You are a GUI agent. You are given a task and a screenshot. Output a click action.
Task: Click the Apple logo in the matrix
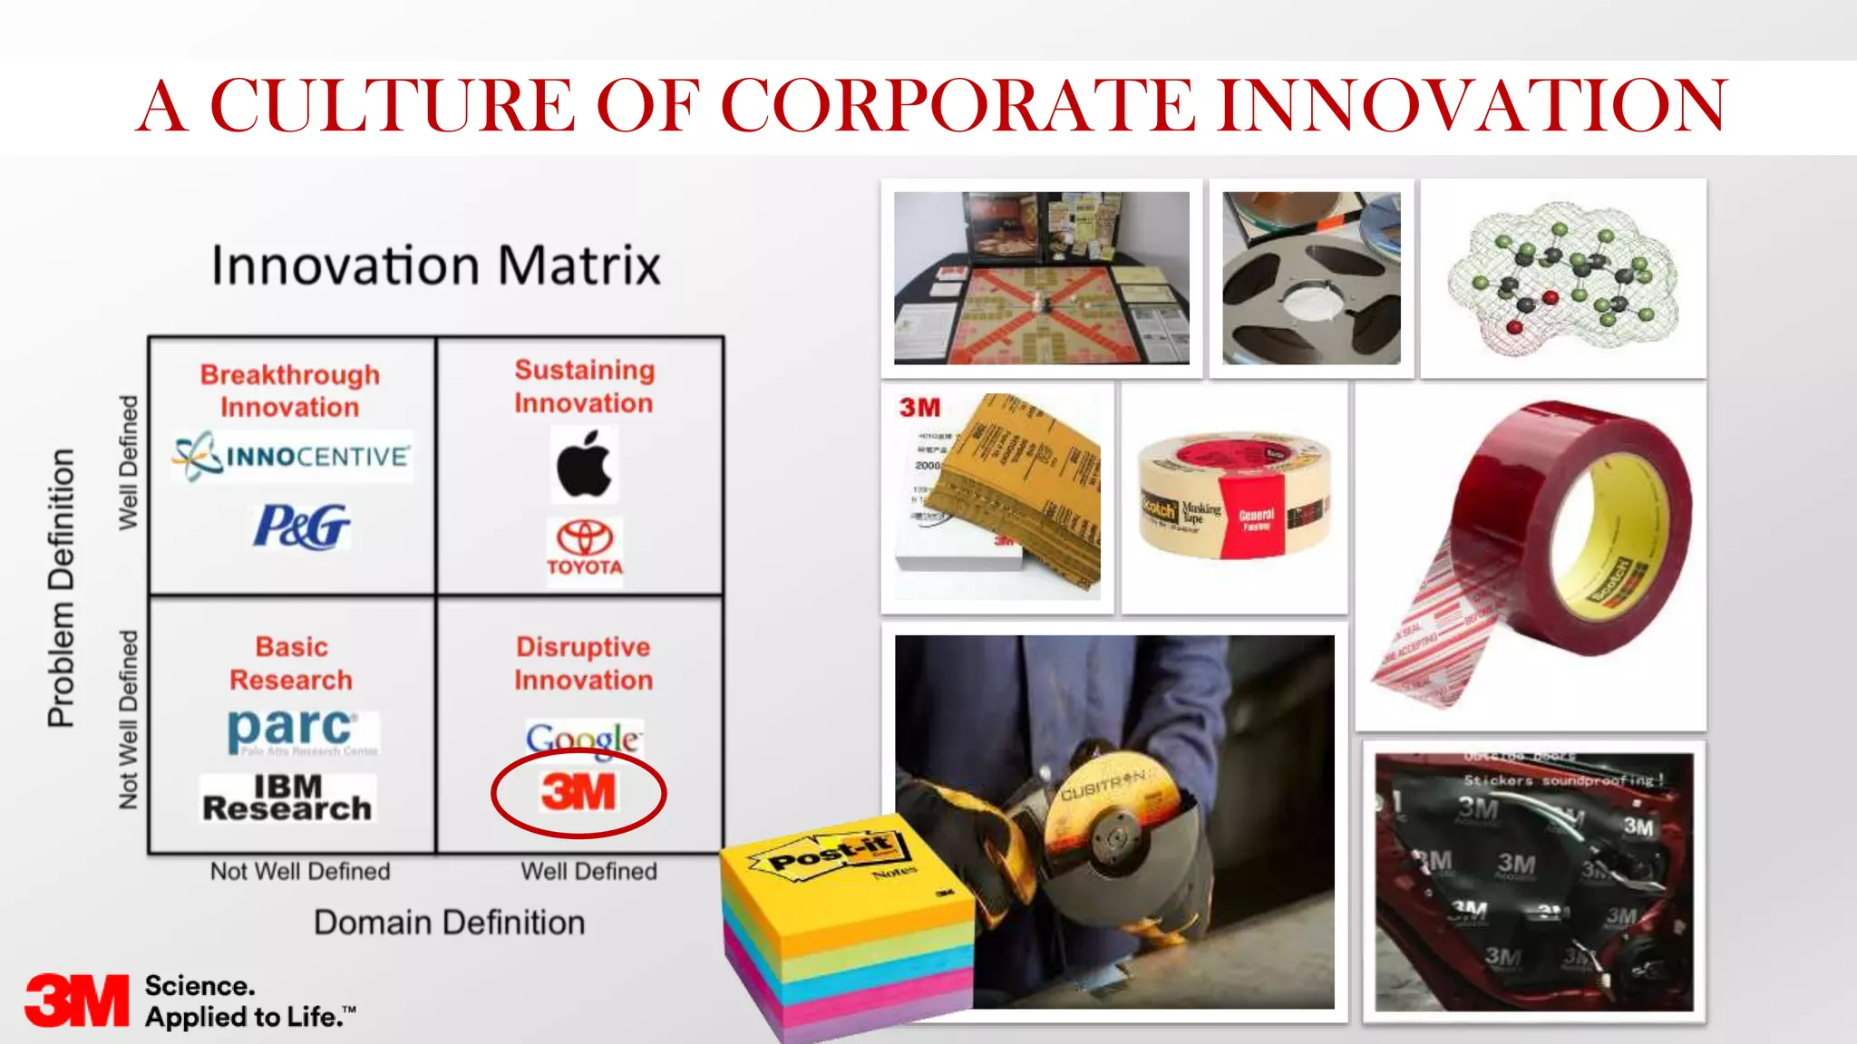point(584,465)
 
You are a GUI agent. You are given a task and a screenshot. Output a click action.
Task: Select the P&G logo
point(301,527)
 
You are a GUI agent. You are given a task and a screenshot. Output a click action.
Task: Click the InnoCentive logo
point(292,456)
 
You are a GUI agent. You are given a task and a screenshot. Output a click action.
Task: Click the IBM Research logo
point(287,798)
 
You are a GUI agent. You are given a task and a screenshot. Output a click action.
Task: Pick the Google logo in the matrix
point(584,739)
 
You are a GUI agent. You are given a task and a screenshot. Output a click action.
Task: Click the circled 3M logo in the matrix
point(578,793)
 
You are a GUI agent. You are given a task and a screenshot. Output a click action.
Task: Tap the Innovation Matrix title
point(436,266)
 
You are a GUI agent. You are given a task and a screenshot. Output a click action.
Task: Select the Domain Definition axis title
point(449,923)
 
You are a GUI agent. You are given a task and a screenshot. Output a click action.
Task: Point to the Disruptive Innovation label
point(583,663)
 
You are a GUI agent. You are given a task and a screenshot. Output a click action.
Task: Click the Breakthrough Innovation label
point(290,391)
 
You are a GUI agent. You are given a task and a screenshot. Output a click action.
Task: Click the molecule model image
point(1563,277)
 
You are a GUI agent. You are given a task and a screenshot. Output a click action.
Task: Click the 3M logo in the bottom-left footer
point(76,1000)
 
